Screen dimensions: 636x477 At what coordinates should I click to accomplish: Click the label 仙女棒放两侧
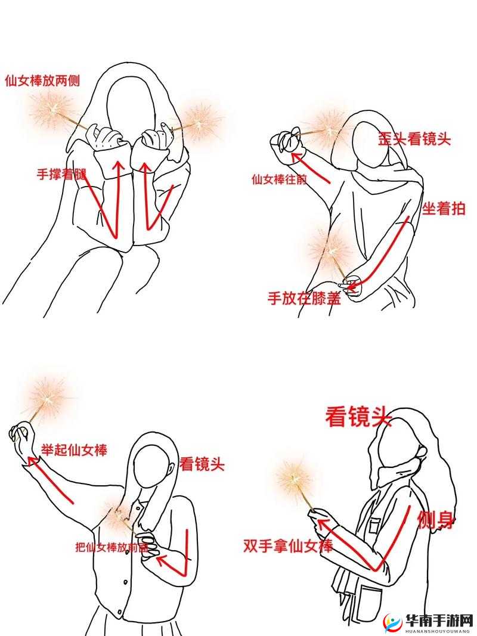(x=42, y=80)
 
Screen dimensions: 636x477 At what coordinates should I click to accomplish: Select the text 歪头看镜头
(x=414, y=139)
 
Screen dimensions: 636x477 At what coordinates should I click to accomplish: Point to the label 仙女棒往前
(x=280, y=178)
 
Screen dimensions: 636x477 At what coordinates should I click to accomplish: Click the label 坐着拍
(x=444, y=209)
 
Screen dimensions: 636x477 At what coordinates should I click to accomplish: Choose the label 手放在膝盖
(x=304, y=298)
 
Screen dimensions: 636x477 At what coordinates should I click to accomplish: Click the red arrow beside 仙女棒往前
(x=311, y=167)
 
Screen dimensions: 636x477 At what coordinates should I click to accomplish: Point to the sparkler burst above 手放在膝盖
(x=328, y=247)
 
